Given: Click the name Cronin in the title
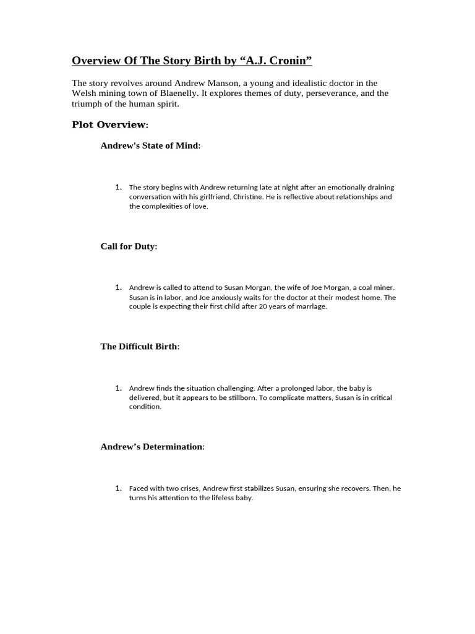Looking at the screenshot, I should click(x=286, y=60).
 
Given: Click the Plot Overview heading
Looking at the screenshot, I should click(x=110, y=125).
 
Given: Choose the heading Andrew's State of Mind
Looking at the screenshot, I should click(x=150, y=145).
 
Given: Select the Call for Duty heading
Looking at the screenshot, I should click(x=129, y=246).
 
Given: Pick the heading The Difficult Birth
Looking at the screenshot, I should click(x=140, y=347).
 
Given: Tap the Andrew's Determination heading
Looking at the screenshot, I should click(x=152, y=446).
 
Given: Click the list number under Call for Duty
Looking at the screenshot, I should click(x=118, y=287).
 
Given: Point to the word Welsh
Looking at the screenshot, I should click(x=84, y=93).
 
